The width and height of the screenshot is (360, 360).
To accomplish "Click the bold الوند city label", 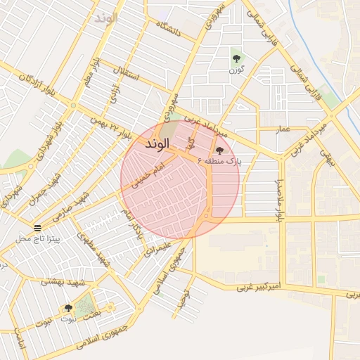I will (x=157, y=144).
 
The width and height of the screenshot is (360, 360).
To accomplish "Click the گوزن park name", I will (x=236, y=70).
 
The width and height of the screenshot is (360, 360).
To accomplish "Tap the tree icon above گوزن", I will (x=236, y=57).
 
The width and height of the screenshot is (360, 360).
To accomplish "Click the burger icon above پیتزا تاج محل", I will (x=37, y=228).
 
